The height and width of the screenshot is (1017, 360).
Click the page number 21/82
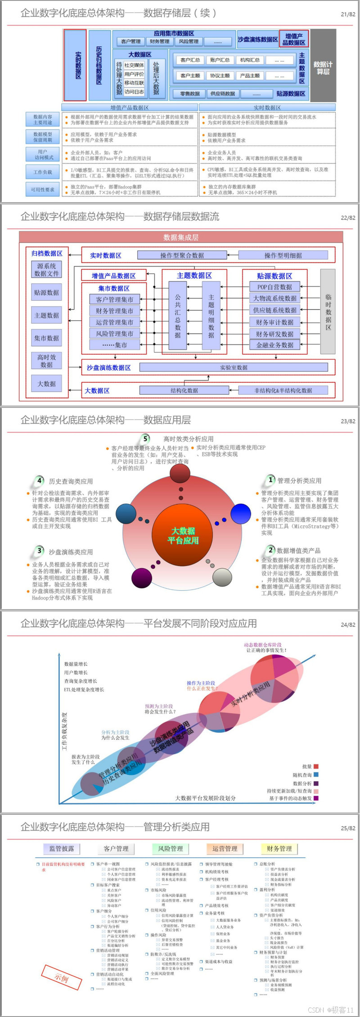(348, 14)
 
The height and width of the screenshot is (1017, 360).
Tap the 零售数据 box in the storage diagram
(189, 94)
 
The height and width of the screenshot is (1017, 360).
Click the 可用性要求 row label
(43, 190)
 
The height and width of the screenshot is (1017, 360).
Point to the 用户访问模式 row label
(43, 155)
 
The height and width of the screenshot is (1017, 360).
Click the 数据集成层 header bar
(181, 237)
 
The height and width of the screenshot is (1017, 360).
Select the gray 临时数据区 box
(328, 312)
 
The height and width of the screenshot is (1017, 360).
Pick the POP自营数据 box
(274, 287)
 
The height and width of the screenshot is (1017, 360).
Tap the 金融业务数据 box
(274, 345)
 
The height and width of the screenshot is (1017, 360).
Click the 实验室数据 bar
(234, 367)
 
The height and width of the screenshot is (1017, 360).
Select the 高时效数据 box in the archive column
(47, 361)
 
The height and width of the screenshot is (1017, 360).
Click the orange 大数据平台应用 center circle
(183, 535)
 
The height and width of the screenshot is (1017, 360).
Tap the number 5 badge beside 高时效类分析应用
(145, 439)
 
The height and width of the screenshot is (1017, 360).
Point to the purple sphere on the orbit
(141, 578)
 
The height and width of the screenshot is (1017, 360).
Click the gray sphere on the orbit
(222, 577)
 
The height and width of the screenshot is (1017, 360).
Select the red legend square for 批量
(316, 766)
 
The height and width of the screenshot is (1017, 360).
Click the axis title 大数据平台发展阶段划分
(205, 798)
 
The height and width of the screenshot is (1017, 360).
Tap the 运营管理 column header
(225, 849)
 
